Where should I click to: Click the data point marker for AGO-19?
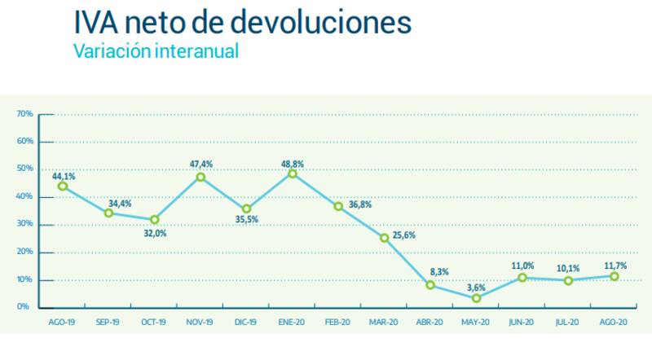[62, 186]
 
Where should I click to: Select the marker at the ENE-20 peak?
[293, 173]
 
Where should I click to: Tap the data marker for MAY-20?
[476, 298]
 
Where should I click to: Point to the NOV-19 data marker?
[200, 177]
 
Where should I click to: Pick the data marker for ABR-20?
[430, 285]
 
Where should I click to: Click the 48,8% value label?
[293, 160]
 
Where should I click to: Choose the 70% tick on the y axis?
[24, 114]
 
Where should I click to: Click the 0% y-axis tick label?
[26, 308]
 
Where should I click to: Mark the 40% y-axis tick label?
[24, 197]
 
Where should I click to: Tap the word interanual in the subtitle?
[195, 50]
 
